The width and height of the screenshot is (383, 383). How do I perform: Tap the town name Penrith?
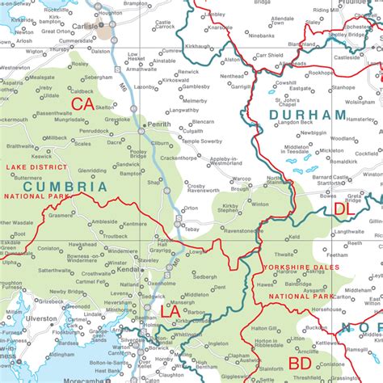tap(159, 124)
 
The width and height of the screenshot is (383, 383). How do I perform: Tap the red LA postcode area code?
tap(170, 311)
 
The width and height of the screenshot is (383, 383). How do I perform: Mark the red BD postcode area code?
tap(300, 364)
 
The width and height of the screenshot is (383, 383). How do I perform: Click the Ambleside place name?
tap(104, 221)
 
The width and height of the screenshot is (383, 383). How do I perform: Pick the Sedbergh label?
tap(204, 276)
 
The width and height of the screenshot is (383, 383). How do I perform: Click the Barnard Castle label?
tap(330, 180)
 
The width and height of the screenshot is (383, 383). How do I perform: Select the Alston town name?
tap(232, 60)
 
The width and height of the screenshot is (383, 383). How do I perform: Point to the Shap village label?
tap(150, 182)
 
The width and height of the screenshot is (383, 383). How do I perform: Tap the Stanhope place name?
tap(343, 86)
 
